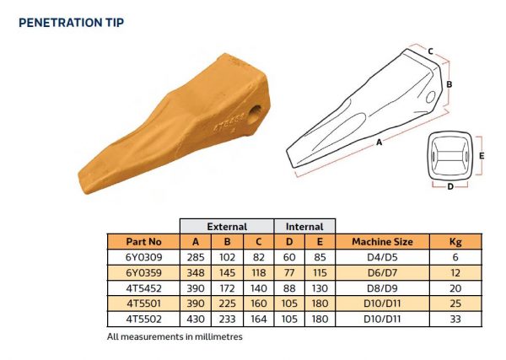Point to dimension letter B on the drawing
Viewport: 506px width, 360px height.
[x=450, y=84]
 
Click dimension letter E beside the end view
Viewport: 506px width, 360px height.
[x=481, y=156]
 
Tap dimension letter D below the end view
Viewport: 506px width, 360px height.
[x=450, y=185]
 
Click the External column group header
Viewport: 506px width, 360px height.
[x=227, y=226]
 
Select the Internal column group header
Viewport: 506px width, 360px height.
[x=304, y=226]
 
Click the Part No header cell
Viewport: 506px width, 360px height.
[x=143, y=242]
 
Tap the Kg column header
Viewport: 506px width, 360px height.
[x=456, y=242]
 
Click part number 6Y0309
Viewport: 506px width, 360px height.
[x=143, y=258]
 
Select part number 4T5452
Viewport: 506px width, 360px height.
[x=143, y=289]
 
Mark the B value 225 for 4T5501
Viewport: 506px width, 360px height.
[x=227, y=304]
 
